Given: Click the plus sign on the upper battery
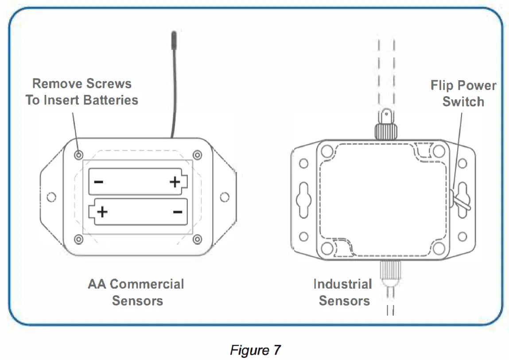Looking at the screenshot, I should (175, 182).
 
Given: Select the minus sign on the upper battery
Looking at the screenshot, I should (99, 182).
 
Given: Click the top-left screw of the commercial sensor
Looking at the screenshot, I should (78, 155).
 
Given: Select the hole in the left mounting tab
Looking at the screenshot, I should (51, 196).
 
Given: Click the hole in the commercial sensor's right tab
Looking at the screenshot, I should (224, 196).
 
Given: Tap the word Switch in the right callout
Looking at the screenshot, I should (463, 102).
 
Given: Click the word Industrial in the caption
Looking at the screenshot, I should (342, 284).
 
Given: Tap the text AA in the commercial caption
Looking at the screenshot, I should (97, 284).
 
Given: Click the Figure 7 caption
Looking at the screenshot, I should (255, 350).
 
